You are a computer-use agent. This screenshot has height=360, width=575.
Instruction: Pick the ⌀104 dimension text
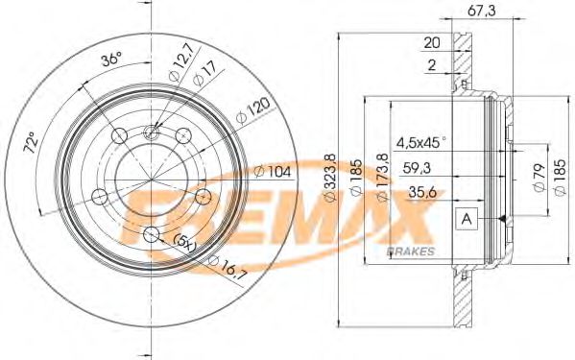pyautogui.click(x=276, y=172)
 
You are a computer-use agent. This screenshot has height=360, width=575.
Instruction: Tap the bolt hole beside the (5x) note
pyautogui.click(x=151, y=236)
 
